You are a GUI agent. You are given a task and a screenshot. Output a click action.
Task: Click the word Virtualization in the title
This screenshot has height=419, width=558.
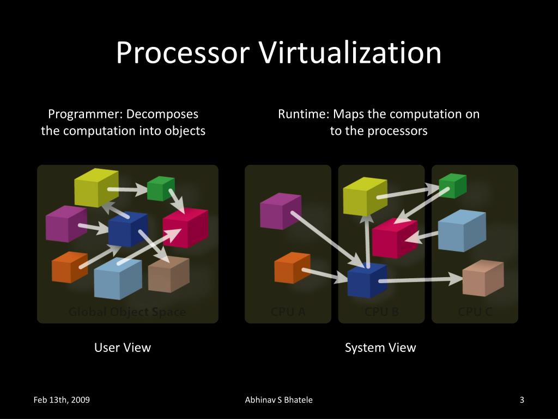click(349, 53)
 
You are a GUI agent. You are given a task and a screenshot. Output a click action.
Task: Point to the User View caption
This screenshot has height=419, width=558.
click(123, 348)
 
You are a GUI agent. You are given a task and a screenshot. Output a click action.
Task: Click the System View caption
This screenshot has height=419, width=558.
click(380, 348)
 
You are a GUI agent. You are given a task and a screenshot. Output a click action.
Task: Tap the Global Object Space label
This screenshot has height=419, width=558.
click(127, 312)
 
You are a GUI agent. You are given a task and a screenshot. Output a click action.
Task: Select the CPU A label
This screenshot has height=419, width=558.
click(288, 312)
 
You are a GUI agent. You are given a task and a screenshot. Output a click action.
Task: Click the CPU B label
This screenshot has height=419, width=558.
click(381, 312)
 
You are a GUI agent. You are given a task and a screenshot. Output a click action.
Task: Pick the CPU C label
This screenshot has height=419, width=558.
click(475, 312)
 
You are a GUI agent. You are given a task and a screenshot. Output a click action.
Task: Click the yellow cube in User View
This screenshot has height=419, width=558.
click(96, 187)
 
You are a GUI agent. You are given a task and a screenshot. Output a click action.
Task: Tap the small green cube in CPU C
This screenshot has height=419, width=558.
click(452, 186)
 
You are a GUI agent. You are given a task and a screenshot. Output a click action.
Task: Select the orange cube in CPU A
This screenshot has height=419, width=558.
click(292, 267)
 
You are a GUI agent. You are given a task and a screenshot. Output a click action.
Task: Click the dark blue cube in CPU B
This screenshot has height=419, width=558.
click(367, 280)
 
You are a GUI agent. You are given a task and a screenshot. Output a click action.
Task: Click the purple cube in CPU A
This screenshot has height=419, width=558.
click(280, 211)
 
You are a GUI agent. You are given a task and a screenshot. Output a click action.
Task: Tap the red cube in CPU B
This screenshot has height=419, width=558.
click(395, 238)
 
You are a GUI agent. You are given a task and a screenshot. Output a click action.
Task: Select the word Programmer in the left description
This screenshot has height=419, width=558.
click(83, 115)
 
